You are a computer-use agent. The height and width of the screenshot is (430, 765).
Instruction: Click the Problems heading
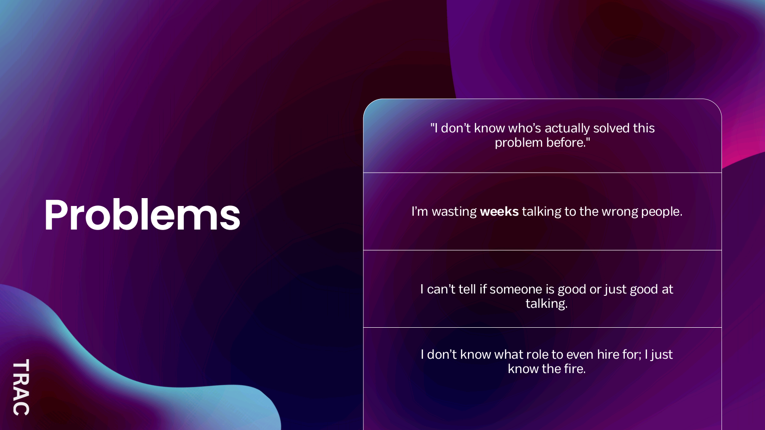pyautogui.click(x=142, y=215)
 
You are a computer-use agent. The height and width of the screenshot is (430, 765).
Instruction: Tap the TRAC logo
pyautogui.click(x=21, y=387)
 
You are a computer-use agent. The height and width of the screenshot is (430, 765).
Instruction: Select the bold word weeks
pyautogui.click(x=499, y=212)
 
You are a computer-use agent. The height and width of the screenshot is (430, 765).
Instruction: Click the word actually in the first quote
pyautogui.click(x=567, y=128)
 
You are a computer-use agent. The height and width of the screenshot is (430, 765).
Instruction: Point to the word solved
pyautogui.click(x=611, y=128)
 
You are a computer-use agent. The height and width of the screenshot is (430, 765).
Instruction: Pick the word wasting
pyautogui.click(x=454, y=212)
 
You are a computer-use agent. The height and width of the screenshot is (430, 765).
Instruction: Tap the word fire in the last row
pyautogui.click(x=575, y=369)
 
